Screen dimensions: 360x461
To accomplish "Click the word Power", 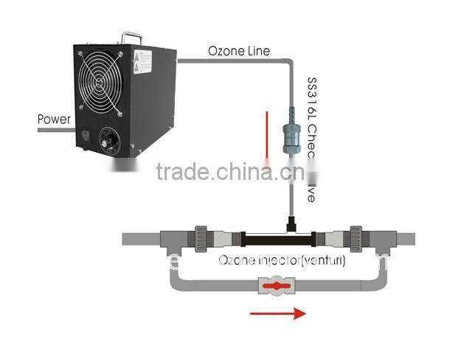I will click(x=53, y=118).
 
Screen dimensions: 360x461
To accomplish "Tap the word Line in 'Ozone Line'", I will click(x=257, y=52).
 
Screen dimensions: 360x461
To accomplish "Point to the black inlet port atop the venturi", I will click(x=290, y=222).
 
